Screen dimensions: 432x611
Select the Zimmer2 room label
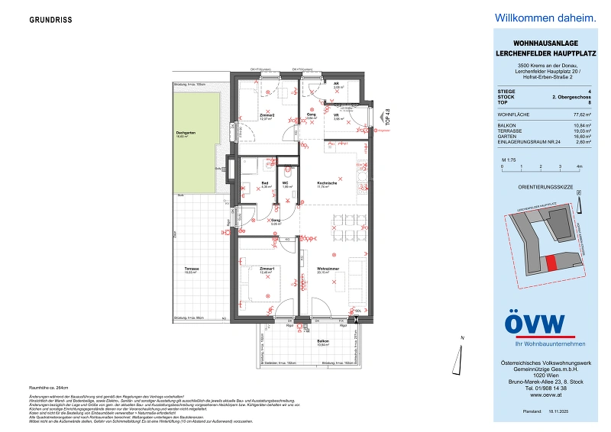(x=267, y=115)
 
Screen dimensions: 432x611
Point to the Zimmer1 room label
(x=267, y=269)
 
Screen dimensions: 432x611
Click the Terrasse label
(x=191, y=269)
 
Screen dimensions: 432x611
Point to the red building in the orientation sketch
(x=551, y=263)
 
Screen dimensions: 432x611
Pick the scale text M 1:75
(x=508, y=157)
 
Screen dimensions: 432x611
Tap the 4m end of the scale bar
(x=580, y=166)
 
